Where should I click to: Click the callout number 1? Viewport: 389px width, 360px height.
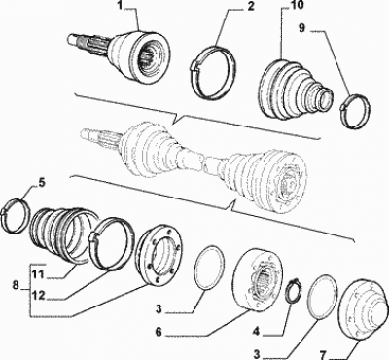click(x=120, y=7)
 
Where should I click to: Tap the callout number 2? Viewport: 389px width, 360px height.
click(x=250, y=7)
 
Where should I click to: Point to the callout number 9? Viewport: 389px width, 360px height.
click(x=301, y=28)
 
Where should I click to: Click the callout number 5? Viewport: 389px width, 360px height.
click(x=42, y=183)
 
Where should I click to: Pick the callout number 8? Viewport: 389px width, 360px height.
click(x=15, y=286)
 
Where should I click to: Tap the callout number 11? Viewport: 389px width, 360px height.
click(x=38, y=275)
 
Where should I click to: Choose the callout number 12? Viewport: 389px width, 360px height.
click(x=39, y=296)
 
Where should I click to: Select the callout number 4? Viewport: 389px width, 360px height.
click(x=257, y=331)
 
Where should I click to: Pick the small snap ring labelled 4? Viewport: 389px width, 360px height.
click(x=294, y=289)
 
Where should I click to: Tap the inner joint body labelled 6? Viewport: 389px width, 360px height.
click(x=258, y=280)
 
